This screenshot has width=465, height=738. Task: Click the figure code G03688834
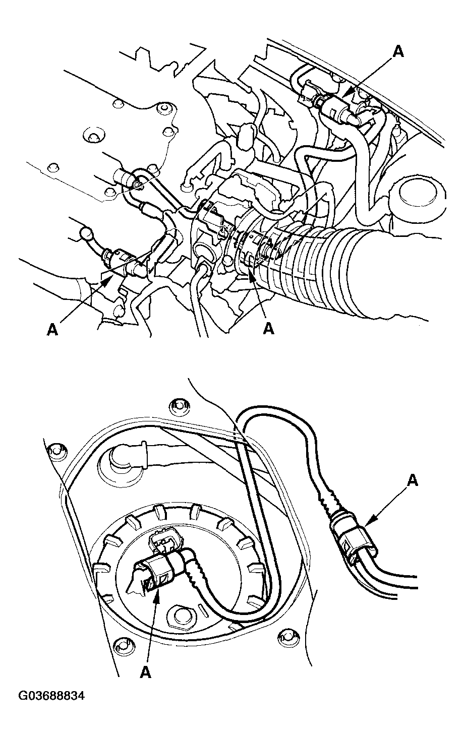(51, 696)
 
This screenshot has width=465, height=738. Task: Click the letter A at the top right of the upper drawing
(398, 51)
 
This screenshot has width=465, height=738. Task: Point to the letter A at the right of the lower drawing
(412, 481)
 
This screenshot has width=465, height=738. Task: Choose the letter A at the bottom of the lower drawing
(146, 672)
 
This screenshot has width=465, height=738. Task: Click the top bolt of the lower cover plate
(178, 404)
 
